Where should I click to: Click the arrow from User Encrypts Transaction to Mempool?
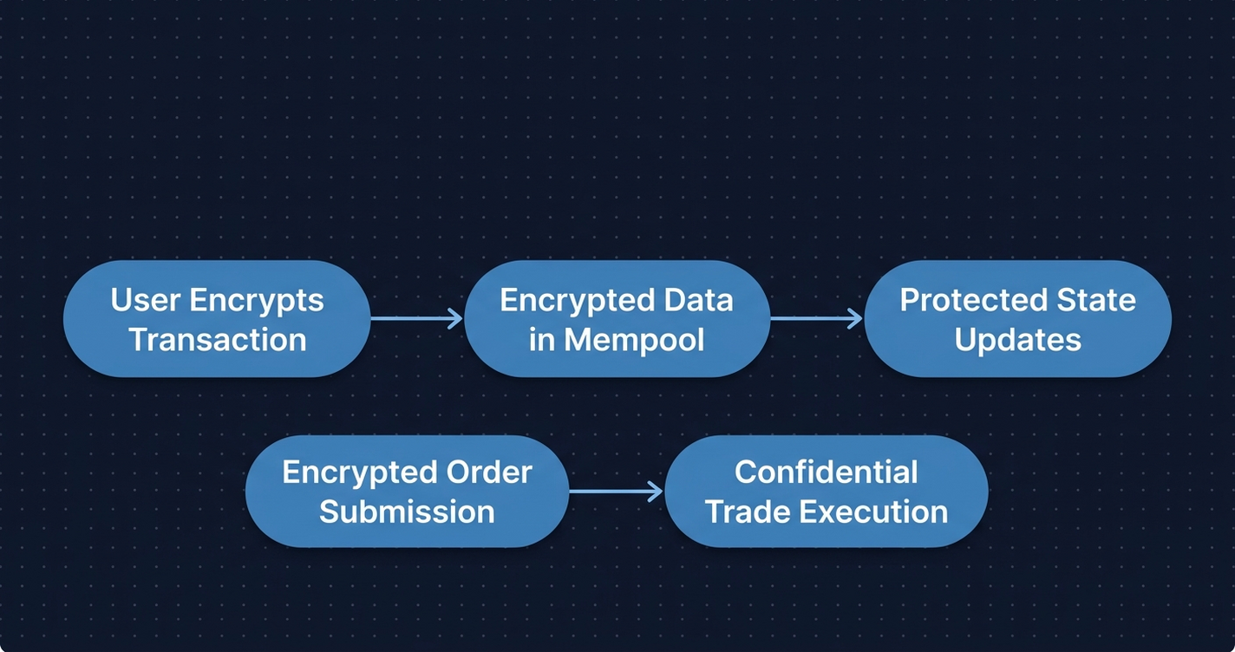click(x=417, y=318)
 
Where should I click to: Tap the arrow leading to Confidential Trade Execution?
click(x=617, y=492)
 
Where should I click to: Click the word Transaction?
click(x=217, y=339)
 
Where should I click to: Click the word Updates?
click(x=1017, y=339)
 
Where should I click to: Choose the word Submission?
click(x=407, y=512)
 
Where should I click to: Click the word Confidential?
click(x=826, y=473)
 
